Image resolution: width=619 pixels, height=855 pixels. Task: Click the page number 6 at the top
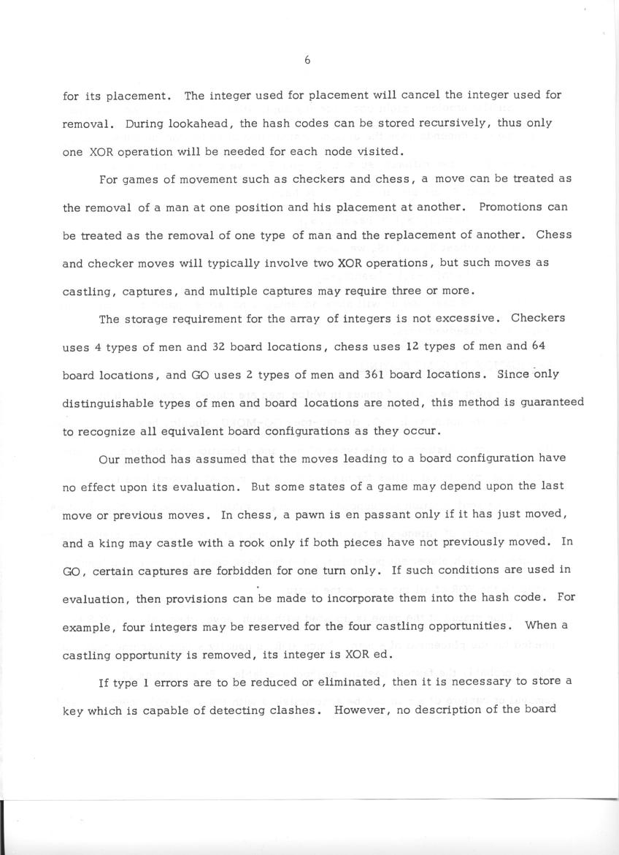307,61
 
